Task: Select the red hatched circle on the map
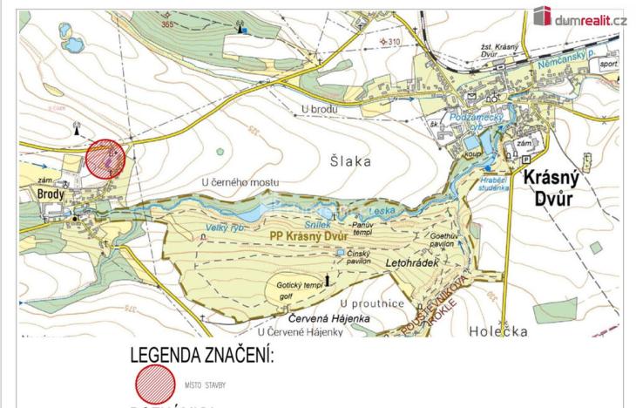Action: click(106, 160)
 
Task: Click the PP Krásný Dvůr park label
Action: click(308, 237)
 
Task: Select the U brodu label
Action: click(318, 109)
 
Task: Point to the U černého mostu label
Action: click(240, 181)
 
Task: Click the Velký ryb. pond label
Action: click(222, 228)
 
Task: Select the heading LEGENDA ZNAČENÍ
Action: click(201, 356)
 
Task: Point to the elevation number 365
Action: click(168, 24)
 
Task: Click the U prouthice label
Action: click(374, 303)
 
